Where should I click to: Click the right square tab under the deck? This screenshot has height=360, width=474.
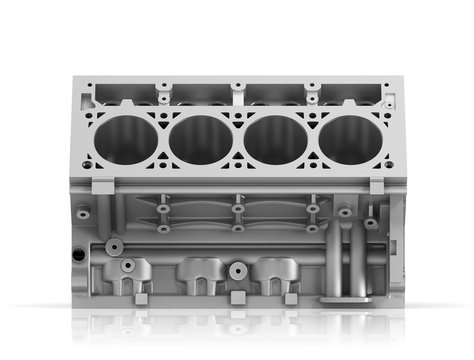pyautogui.click(x=377, y=186)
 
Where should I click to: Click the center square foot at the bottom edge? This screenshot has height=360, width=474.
pyautogui.click(x=237, y=298)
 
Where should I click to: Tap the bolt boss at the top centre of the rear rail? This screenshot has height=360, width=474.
pyautogui.click(x=237, y=87)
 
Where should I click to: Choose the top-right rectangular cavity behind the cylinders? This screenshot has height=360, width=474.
pyautogui.click(x=350, y=94)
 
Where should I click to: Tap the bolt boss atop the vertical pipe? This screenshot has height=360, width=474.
pyautogui.click(x=345, y=212)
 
